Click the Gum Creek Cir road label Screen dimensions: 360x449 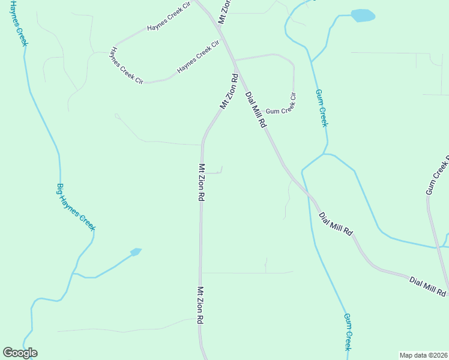pos(281,105)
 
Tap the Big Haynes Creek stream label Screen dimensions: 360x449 pos(76,207)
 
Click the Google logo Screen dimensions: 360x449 pos(20,353)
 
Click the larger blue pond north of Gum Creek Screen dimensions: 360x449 pos(363,16)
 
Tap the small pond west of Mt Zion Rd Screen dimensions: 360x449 pos(136,251)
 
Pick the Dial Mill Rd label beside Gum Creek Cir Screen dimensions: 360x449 pos(255,110)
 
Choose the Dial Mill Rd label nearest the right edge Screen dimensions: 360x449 pos(429,286)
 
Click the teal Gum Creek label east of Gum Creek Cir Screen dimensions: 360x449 pos(322,108)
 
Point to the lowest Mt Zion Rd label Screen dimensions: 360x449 pos(201,306)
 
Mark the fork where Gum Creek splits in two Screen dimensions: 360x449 pos(325,154)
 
